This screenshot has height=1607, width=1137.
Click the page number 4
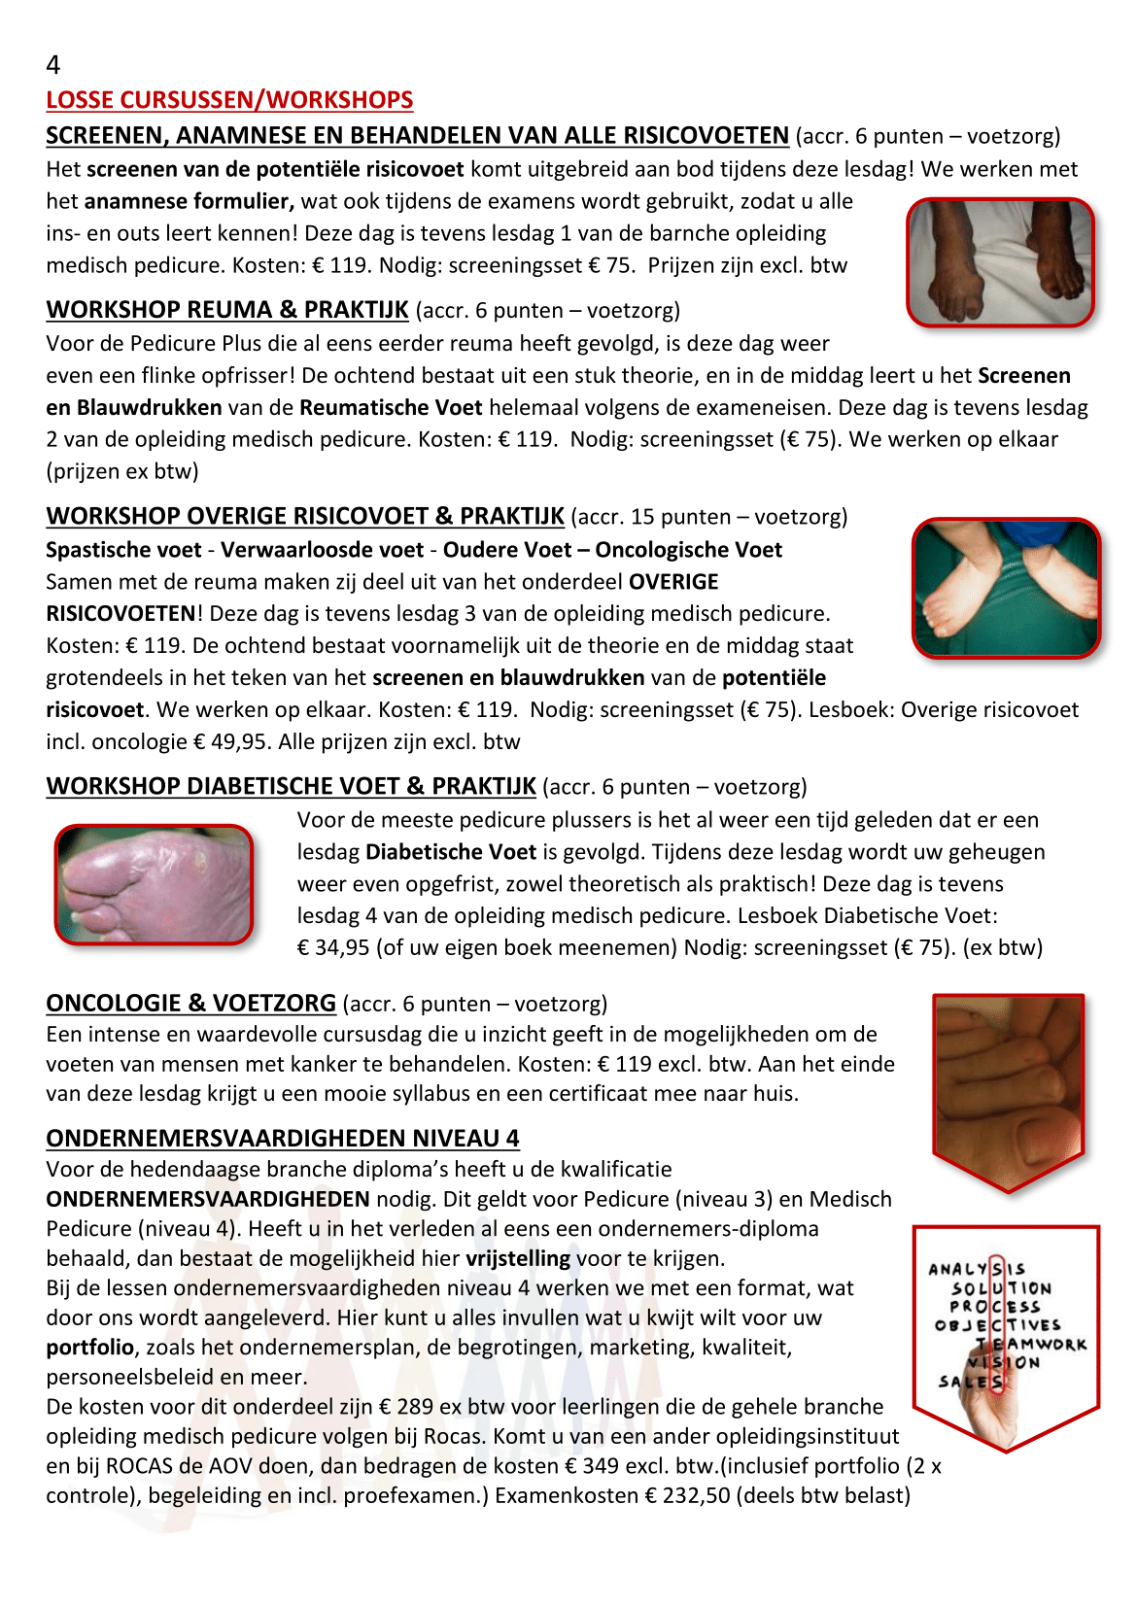[53, 65]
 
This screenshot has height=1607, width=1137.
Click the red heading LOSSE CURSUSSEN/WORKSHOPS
[229, 100]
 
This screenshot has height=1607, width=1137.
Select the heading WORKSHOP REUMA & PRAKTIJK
[227, 310]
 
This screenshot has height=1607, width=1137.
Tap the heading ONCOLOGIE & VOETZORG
[190, 1004]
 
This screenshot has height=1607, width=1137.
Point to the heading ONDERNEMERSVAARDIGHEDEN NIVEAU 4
[283, 1138]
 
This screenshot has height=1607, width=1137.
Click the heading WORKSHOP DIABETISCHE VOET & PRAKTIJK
[291, 786]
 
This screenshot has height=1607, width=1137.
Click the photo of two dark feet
[1001, 262]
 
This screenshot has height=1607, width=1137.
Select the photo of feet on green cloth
[1006, 589]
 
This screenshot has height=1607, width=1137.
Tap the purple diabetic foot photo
[155, 885]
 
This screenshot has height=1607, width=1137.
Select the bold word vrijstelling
[518, 1259]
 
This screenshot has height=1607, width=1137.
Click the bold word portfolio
[89, 1348]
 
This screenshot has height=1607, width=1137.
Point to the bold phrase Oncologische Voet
[688, 550]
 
